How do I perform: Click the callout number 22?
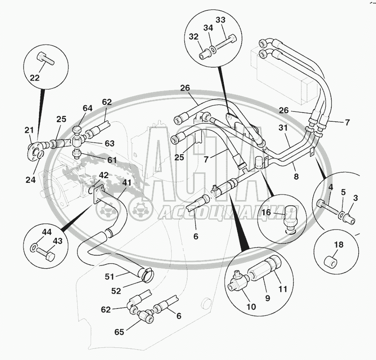34,78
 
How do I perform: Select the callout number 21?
29,130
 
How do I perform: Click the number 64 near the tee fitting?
88,108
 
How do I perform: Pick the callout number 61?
112,160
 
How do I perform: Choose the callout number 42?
104,175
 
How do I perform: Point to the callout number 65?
119,332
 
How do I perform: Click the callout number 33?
221,20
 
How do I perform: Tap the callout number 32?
193,36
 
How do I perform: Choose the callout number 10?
252,307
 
